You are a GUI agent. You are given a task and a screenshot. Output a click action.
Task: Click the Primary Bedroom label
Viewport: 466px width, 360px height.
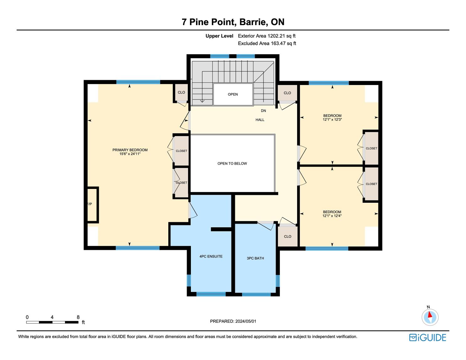(x=130, y=150)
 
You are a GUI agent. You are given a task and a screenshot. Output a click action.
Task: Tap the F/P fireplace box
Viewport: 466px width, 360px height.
(x=93, y=205)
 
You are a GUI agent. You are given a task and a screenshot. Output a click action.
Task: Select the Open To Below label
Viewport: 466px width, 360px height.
(x=232, y=164)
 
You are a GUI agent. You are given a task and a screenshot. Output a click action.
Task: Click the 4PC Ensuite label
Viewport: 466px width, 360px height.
(x=211, y=256)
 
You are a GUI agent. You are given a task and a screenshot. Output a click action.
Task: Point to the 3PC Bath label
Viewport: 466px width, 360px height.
(x=255, y=258)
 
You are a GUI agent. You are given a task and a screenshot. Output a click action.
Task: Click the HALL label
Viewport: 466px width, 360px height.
(x=260, y=120)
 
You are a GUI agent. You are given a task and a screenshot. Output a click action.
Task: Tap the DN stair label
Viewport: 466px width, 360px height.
(x=263, y=111)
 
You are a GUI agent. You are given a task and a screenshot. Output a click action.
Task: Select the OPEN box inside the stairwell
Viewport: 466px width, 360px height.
(x=233, y=94)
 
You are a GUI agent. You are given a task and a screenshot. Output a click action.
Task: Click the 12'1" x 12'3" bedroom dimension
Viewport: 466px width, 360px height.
(x=332, y=120)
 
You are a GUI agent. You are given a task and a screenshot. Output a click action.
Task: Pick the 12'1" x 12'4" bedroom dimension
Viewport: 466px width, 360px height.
(x=332, y=216)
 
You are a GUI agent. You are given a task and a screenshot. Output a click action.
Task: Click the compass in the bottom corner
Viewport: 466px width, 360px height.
(x=430, y=317)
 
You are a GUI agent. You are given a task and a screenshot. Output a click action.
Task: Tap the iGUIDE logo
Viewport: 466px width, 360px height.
(x=428, y=337)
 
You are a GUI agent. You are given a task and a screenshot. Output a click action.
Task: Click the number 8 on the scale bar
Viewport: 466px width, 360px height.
(x=78, y=317)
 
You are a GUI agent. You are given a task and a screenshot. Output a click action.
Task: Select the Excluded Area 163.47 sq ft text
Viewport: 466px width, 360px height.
(x=267, y=44)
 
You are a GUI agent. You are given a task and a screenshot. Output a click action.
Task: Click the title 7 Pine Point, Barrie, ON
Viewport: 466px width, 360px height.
(x=233, y=22)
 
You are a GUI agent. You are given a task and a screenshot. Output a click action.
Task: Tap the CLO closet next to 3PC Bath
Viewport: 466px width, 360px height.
(x=288, y=236)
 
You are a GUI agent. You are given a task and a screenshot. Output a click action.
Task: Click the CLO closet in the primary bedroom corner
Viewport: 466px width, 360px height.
(x=182, y=92)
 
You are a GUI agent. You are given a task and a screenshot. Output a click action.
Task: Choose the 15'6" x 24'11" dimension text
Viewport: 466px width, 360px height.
(x=130, y=154)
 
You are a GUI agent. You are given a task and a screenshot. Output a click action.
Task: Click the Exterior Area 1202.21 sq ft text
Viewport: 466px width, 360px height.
(x=267, y=36)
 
